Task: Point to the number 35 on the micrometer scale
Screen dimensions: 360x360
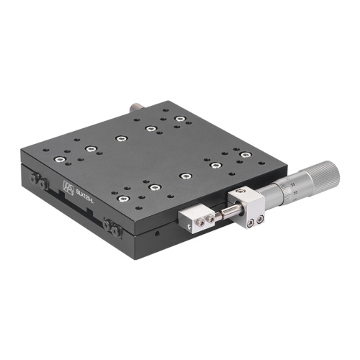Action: (x=295, y=185)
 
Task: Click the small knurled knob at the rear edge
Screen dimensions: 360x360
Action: (x=135, y=107)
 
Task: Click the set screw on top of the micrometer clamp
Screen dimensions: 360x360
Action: (x=238, y=192)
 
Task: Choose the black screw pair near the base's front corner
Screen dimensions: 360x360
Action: (x=112, y=227)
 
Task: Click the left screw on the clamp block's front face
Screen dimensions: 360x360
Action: (x=246, y=223)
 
